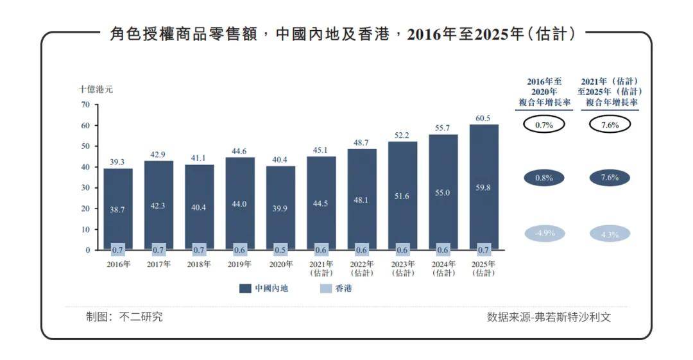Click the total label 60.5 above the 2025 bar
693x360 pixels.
(483, 118)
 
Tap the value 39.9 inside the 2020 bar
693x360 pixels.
(280, 209)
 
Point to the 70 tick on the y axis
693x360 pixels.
(86, 105)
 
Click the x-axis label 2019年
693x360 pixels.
(240, 264)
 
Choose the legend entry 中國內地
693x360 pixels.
(264, 289)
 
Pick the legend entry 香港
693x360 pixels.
(336, 289)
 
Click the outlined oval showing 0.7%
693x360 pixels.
(543, 125)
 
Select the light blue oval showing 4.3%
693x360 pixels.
(610, 234)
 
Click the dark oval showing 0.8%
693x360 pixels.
(543, 178)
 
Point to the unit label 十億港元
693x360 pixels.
(96, 89)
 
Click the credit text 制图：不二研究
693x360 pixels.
(124, 317)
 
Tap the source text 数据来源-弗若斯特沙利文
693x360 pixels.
(549, 317)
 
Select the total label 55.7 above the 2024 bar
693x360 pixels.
(443, 128)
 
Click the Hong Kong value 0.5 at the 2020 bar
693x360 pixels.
(280, 250)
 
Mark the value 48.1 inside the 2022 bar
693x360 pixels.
(362, 200)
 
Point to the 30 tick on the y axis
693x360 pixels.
(86, 187)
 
